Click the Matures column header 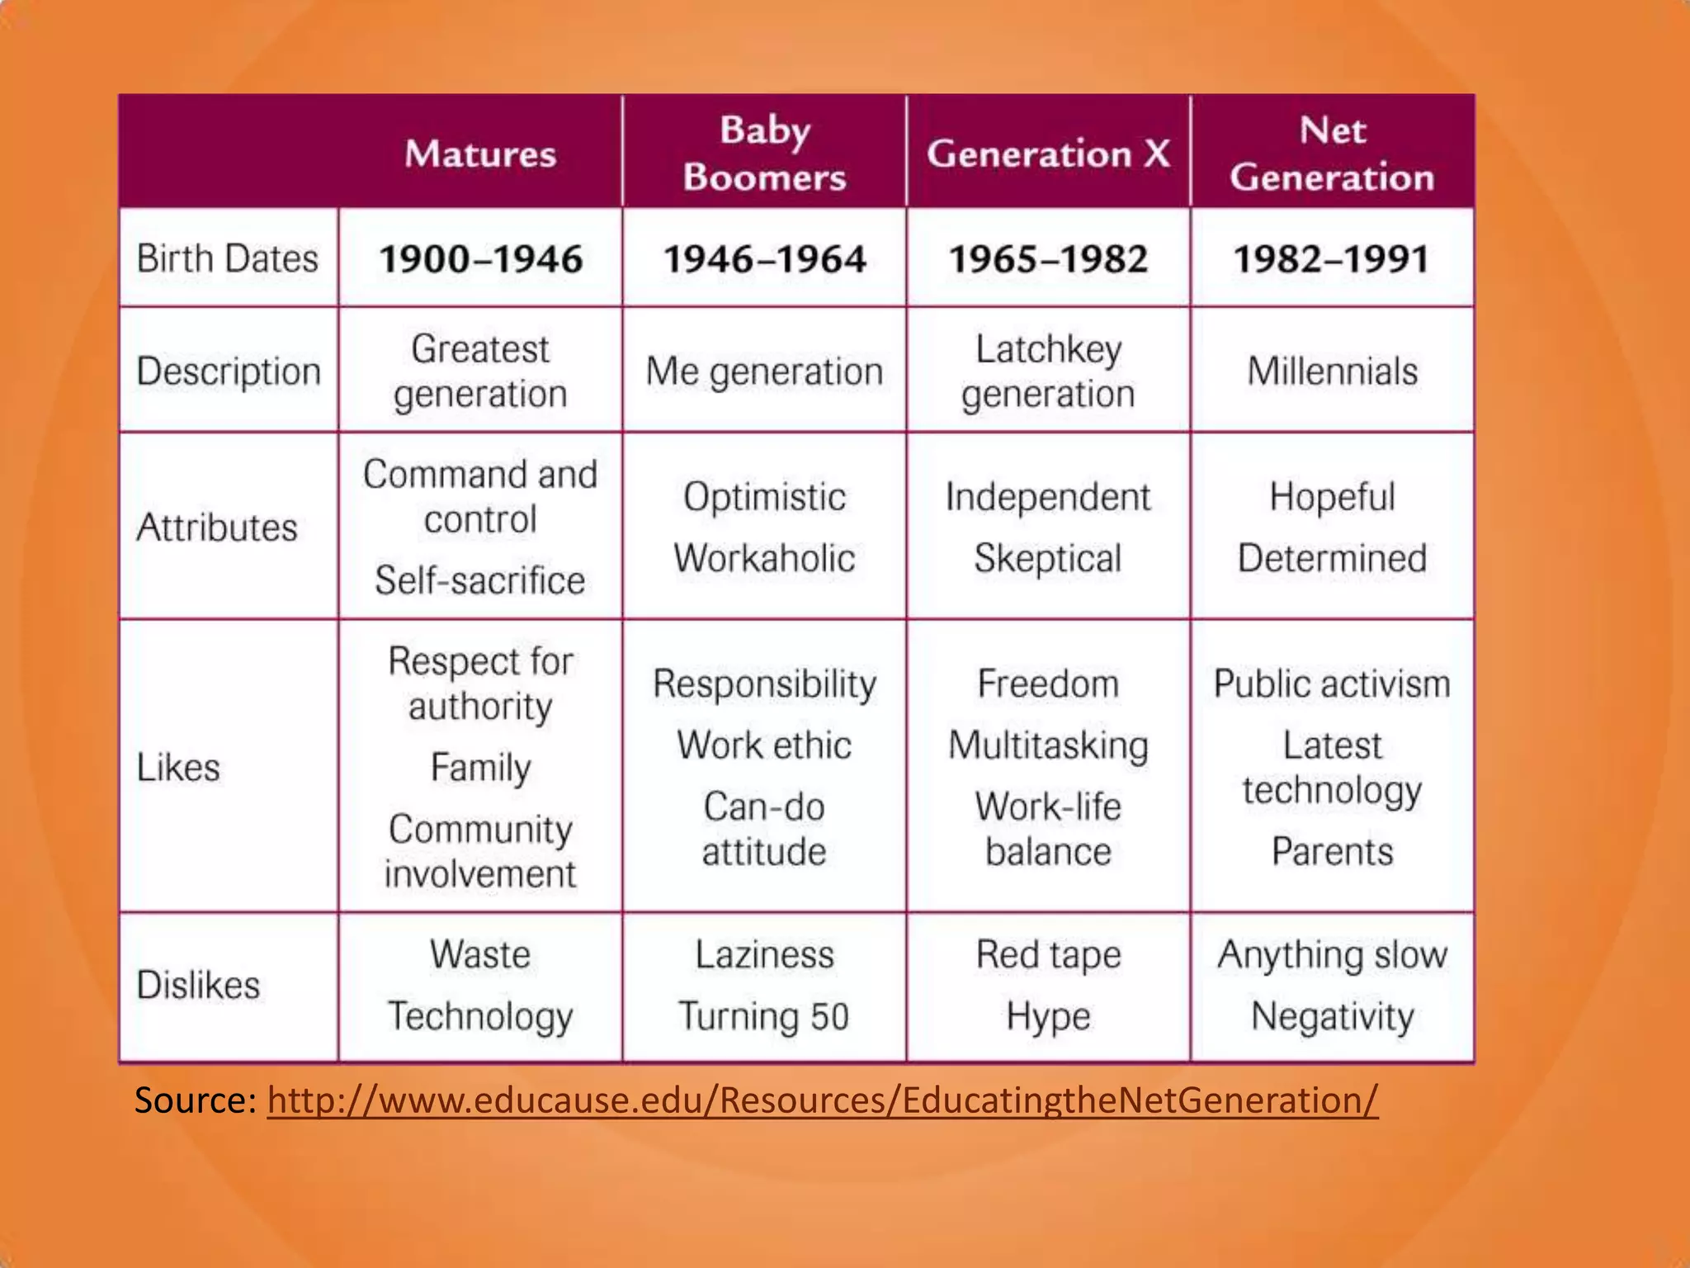tap(480, 154)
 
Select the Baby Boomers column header tap(765, 154)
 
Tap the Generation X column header tap(1048, 154)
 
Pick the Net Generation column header tap(1332, 154)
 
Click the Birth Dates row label tap(227, 258)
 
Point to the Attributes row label tap(217, 527)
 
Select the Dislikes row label tap(198, 985)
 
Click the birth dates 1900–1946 tap(480, 259)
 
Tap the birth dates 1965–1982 tap(1048, 259)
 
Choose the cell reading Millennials tap(1332, 371)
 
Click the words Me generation tap(764, 371)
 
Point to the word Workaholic tap(764, 558)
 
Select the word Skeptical tap(1048, 558)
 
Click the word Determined tap(1332, 558)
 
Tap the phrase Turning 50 tap(764, 1016)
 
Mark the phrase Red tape tap(1048, 955)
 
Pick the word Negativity tap(1332, 1016)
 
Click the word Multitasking tap(1048, 745)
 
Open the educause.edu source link tap(822, 1100)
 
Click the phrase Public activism tap(1332, 684)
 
